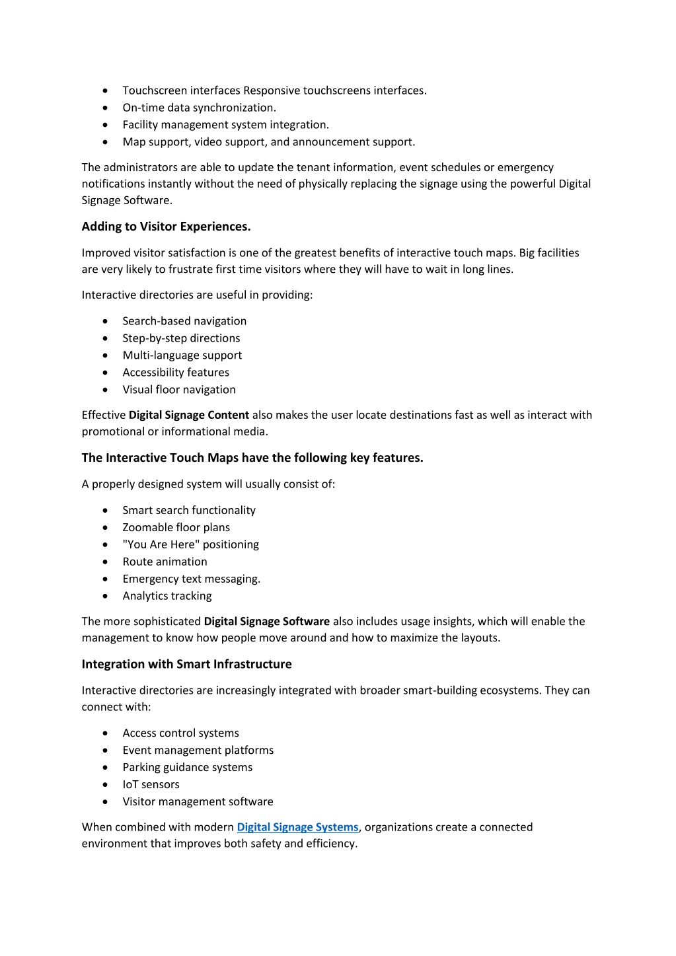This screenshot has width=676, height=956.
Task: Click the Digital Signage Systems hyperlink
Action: [297, 827]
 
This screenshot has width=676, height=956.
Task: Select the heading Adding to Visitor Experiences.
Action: [166, 227]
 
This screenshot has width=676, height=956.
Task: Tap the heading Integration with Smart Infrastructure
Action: [186, 664]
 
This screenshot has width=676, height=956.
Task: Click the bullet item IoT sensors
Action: [151, 784]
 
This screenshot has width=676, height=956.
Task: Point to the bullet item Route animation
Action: [165, 562]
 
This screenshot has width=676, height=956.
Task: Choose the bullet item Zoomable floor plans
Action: [176, 527]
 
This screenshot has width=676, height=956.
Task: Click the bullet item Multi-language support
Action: [182, 355]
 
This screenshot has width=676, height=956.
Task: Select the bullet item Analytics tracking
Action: [167, 596]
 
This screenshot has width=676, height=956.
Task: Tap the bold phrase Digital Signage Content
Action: [188, 415]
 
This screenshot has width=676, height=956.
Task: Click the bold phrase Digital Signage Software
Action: [266, 621]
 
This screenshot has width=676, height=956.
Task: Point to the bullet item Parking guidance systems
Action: [187, 767]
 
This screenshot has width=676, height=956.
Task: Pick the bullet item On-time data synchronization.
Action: [199, 108]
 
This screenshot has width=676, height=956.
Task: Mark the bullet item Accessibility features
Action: [176, 372]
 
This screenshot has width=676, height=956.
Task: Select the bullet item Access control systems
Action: [180, 733]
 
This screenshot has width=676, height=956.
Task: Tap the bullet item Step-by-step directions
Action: [181, 338]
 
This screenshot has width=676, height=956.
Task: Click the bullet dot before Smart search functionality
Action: [106, 510]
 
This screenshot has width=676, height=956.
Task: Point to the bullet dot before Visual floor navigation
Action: [106, 390]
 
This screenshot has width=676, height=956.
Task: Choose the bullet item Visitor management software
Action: [198, 801]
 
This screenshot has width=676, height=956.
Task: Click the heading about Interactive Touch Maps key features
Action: [252, 458]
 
